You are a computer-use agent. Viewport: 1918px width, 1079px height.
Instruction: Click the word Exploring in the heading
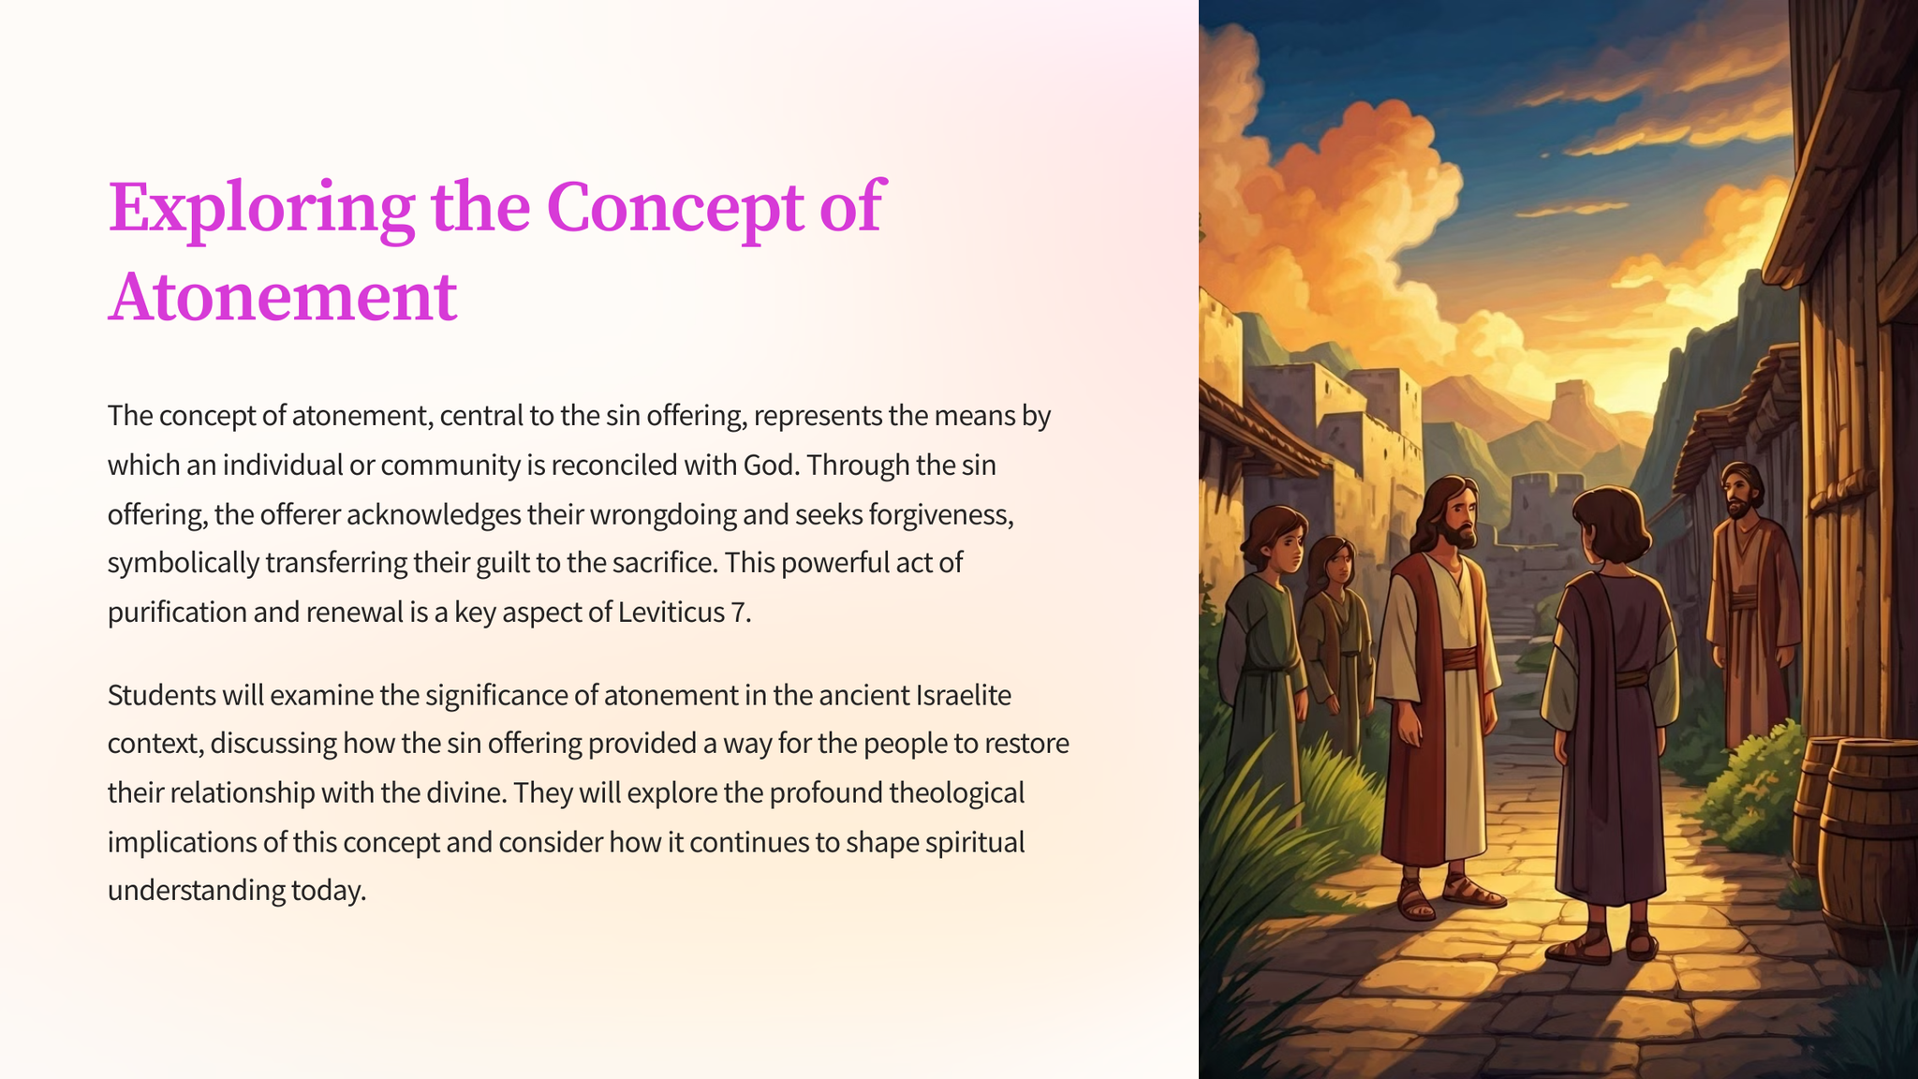point(261,208)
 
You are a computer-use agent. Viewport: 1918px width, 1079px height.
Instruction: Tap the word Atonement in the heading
point(283,297)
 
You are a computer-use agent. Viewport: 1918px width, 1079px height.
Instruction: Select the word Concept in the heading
point(675,208)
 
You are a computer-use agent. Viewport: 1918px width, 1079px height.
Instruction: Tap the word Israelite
point(964,695)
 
